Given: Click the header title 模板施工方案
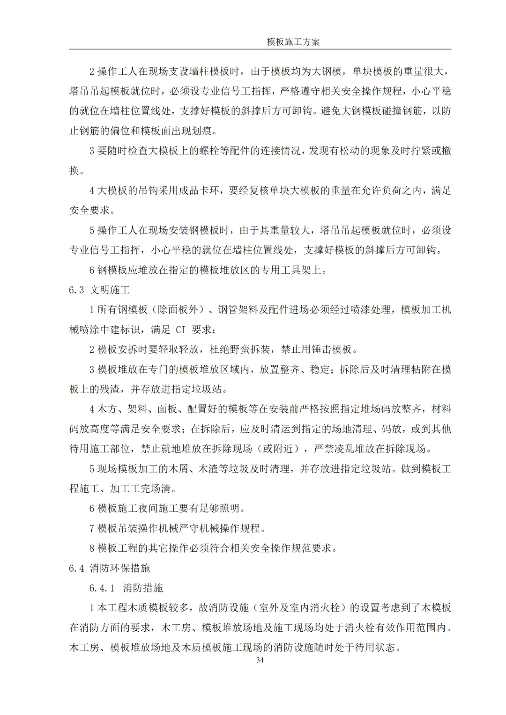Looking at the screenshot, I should tap(293, 42).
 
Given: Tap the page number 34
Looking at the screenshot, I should tap(260, 660).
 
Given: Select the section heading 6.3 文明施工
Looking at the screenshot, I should tap(99, 290).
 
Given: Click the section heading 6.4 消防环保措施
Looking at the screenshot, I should tap(110, 568).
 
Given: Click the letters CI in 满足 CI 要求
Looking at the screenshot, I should tap(181, 329).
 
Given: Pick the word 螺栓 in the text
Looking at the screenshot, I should tap(209, 151).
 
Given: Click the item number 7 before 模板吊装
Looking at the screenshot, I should tap(92, 528).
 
